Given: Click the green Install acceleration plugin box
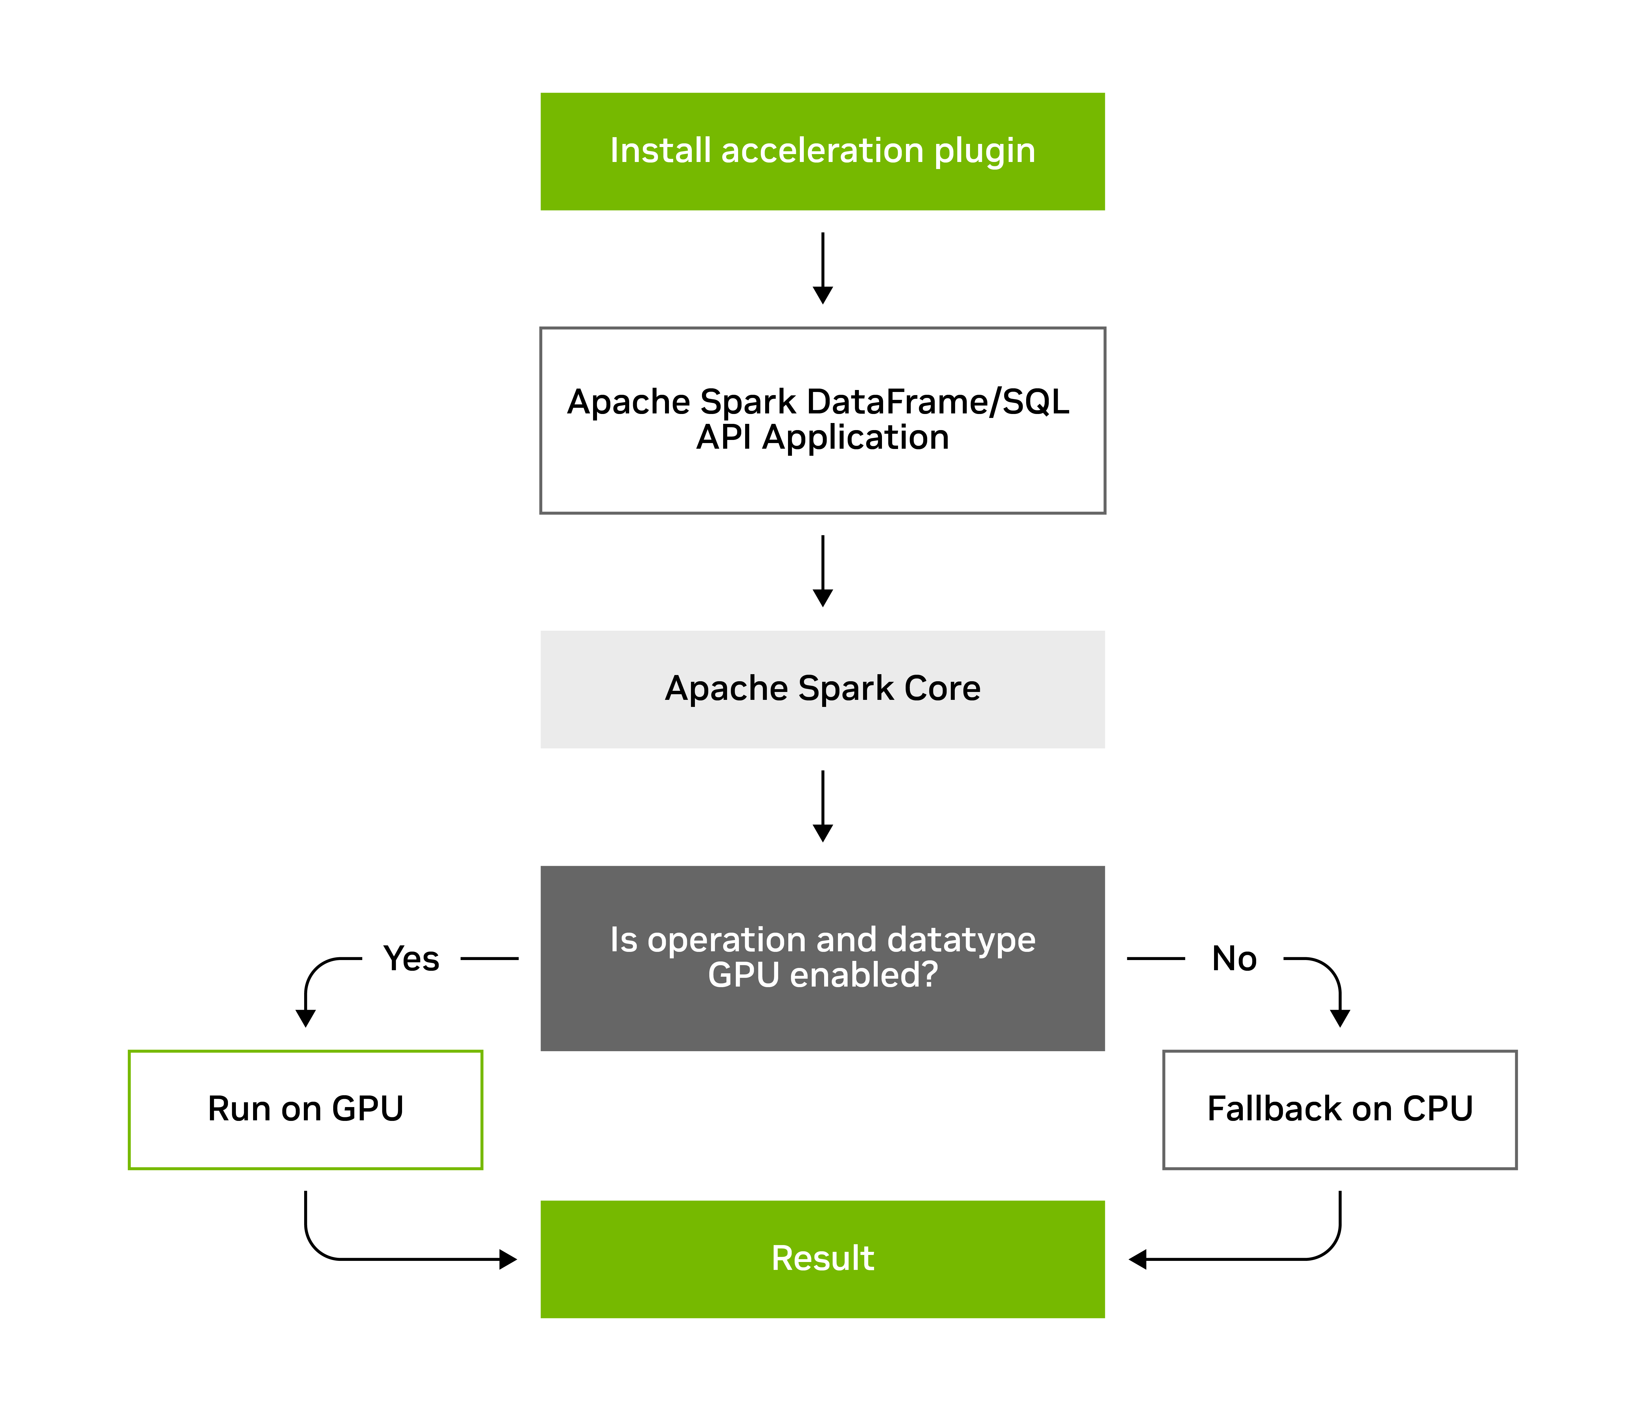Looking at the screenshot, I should click(x=822, y=151).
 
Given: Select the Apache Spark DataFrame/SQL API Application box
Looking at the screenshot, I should click(x=822, y=419).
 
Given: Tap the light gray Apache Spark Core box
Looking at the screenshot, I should click(x=822, y=689).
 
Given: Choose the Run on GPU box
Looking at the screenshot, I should click(x=305, y=1109).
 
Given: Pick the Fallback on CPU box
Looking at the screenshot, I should click(x=1339, y=1109).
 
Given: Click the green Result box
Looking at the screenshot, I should click(x=822, y=1258).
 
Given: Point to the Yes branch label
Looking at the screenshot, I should click(x=411, y=958).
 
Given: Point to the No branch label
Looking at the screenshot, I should click(x=1234, y=958).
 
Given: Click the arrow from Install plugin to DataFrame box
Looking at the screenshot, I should click(x=822, y=269).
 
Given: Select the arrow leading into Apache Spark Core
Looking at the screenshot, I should click(x=822, y=571).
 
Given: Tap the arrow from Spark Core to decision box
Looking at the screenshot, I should click(x=822, y=807).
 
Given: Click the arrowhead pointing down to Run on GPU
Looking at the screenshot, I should click(x=305, y=1018).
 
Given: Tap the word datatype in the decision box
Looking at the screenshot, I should click(x=961, y=940).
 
